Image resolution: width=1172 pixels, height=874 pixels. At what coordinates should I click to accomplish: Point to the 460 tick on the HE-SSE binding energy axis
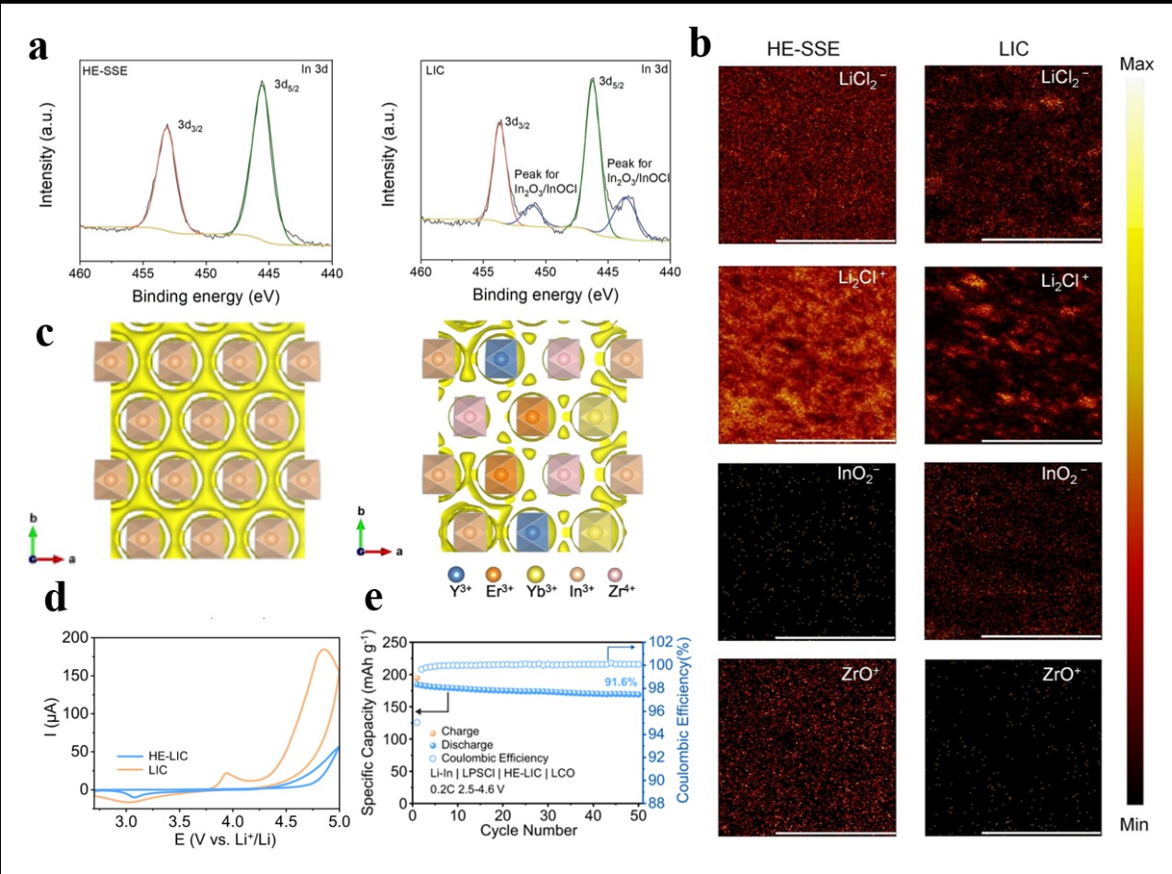[80, 275]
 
